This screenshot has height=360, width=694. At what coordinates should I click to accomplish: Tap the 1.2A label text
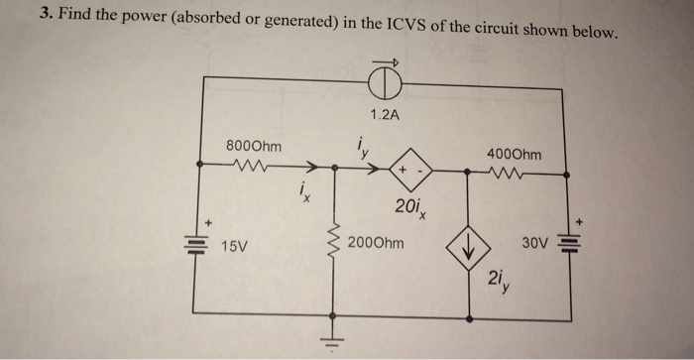click(x=383, y=115)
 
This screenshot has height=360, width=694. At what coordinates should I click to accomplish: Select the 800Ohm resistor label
click(x=254, y=146)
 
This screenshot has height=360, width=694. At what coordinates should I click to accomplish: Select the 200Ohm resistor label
click(x=376, y=240)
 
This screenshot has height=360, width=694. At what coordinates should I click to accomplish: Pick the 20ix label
click(x=407, y=208)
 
